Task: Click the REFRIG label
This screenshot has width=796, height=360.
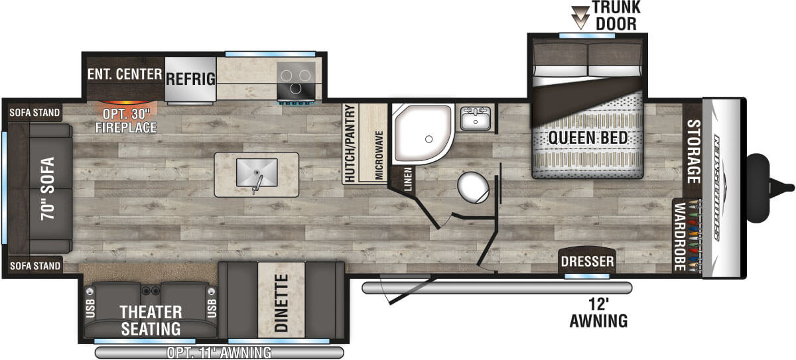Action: pos(190,79)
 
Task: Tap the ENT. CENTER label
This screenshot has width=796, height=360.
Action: pos(125,74)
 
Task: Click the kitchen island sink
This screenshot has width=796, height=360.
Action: pos(256,173)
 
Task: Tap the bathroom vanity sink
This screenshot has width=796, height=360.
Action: pos(475,121)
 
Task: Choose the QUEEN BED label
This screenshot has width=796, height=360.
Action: pos(588,139)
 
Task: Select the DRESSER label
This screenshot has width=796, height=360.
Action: pos(587,262)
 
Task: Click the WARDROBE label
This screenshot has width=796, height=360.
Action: pos(679,237)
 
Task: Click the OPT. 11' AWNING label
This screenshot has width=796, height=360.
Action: pos(220,352)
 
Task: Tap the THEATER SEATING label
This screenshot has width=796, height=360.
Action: pos(150,320)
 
